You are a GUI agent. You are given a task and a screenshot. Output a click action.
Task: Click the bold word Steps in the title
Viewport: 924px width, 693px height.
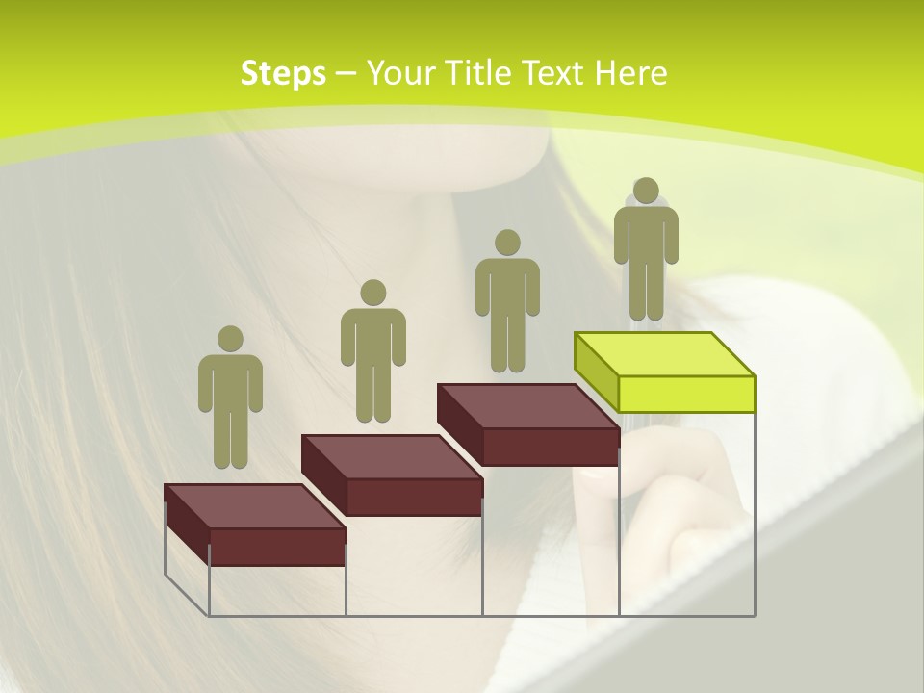(283, 73)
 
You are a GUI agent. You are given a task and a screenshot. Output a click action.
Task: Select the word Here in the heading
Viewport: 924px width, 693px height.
(630, 73)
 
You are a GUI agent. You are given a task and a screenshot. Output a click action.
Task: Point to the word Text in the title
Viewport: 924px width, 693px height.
(552, 73)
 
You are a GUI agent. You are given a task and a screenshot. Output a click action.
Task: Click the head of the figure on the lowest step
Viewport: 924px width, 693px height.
(230, 339)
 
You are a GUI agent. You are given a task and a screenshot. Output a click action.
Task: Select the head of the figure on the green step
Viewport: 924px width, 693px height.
(646, 191)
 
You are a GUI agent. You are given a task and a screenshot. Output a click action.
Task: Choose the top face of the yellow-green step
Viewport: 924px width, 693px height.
(664, 353)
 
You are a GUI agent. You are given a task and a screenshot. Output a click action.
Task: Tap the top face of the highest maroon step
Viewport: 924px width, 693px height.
(527, 406)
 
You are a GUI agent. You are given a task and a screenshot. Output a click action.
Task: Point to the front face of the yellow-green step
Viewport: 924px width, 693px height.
(686, 394)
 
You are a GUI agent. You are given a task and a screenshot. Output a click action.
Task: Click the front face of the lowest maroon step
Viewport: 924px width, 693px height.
(277, 547)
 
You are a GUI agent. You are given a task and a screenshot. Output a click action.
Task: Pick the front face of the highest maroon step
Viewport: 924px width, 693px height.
(550, 447)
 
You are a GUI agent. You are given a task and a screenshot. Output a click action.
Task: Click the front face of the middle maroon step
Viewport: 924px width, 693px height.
(414, 497)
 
